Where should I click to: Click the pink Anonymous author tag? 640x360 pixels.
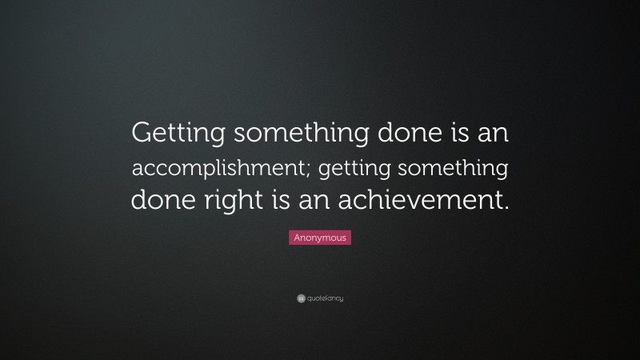tap(320, 238)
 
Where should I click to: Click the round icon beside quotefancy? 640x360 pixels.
tap(301, 298)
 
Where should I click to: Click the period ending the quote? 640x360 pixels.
tap(505, 206)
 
